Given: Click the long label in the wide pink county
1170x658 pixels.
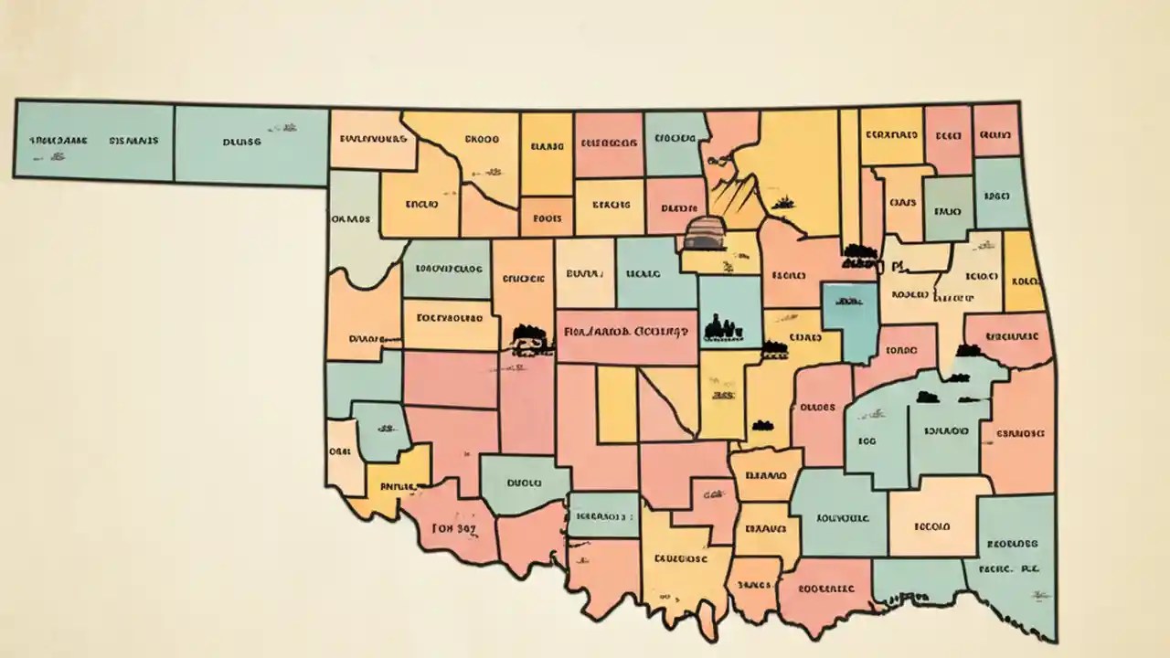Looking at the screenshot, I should (628, 331).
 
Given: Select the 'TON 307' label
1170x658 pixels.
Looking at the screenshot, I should (454, 527).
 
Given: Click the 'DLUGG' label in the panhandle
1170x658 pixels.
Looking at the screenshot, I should (241, 142).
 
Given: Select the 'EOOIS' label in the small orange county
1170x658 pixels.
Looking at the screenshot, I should (546, 218).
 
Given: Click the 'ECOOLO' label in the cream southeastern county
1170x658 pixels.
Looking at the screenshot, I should (932, 526).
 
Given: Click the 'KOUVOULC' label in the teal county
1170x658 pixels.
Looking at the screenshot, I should (842, 516).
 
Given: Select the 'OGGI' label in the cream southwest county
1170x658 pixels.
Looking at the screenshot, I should (340, 451).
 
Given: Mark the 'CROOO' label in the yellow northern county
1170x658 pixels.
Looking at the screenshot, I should (482, 140).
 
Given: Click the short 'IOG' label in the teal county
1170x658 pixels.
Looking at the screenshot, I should (867, 440).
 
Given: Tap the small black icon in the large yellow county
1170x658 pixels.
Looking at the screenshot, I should (782, 200).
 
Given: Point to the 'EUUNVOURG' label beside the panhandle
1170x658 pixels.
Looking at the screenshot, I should (372, 140).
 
